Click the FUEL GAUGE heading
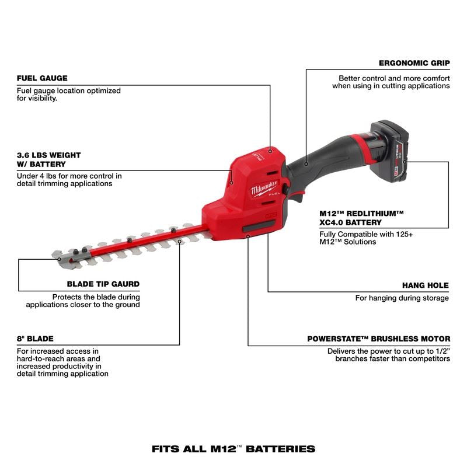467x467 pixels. point(42,78)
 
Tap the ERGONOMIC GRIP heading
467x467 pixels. point(414,64)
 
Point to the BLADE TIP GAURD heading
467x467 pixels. point(102,284)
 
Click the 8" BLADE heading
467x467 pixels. point(36,338)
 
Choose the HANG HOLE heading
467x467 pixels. point(425,285)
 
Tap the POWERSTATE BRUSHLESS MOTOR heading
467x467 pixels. point(379,339)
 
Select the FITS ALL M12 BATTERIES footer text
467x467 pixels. point(233,449)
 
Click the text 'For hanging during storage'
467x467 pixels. point(402,298)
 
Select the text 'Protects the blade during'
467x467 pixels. point(96,297)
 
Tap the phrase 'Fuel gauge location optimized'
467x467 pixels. point(69,90)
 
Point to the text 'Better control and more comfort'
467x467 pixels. point(394,78)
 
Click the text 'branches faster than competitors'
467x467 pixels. point(392,359)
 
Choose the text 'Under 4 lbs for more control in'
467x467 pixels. point(69,175)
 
